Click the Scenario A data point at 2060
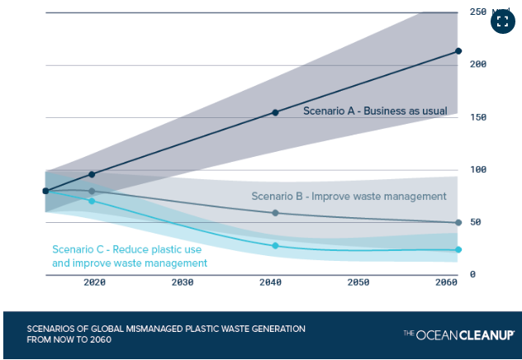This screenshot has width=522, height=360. tap(458, 51)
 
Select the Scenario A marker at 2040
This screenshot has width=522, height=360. tap(275, 112)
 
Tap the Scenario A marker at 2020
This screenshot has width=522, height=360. tap(92, 174)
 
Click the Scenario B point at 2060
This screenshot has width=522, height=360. tap(458, 223)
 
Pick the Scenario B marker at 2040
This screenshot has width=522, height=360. tap(275, 213)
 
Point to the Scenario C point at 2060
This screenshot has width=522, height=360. tap(458, 249)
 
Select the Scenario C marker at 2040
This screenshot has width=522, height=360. tap(275, 245)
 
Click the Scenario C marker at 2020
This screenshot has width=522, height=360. tap(92, 201)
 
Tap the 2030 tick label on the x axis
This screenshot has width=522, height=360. tap(183, 282)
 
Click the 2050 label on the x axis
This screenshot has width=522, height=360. tap(358, 282)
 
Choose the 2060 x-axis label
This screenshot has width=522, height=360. tap(445, 282)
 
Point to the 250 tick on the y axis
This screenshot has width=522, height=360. tap(477, 12)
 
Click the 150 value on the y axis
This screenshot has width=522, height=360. tap(477, 117)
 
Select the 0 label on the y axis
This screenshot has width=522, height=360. tap(472, 275)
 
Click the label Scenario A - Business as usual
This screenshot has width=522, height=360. tap(375, 111)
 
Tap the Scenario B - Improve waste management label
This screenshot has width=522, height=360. tap(349, 197)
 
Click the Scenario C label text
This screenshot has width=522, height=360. tap(130, 256)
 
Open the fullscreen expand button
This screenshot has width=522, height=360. tap(503, 21)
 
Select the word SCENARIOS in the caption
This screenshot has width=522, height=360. tap(52, 329)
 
